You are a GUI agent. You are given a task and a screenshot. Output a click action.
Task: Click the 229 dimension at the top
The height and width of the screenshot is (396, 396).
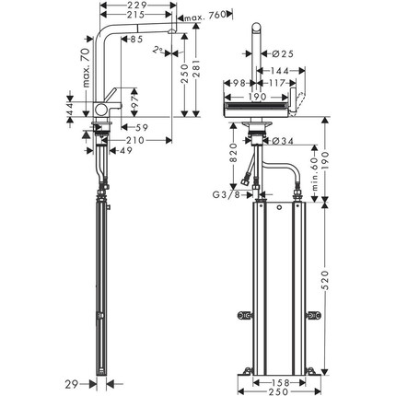[x=140, y=6]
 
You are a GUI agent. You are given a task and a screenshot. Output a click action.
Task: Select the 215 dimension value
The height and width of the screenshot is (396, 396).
[x=137, y=17]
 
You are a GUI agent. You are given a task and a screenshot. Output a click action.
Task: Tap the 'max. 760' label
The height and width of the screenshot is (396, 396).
[x=203, y=17]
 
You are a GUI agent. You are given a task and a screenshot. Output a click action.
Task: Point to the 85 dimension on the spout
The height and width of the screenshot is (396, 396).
[x=136, y=40]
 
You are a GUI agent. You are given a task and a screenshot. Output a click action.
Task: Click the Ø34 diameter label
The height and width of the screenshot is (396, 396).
[x=285, y=140]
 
